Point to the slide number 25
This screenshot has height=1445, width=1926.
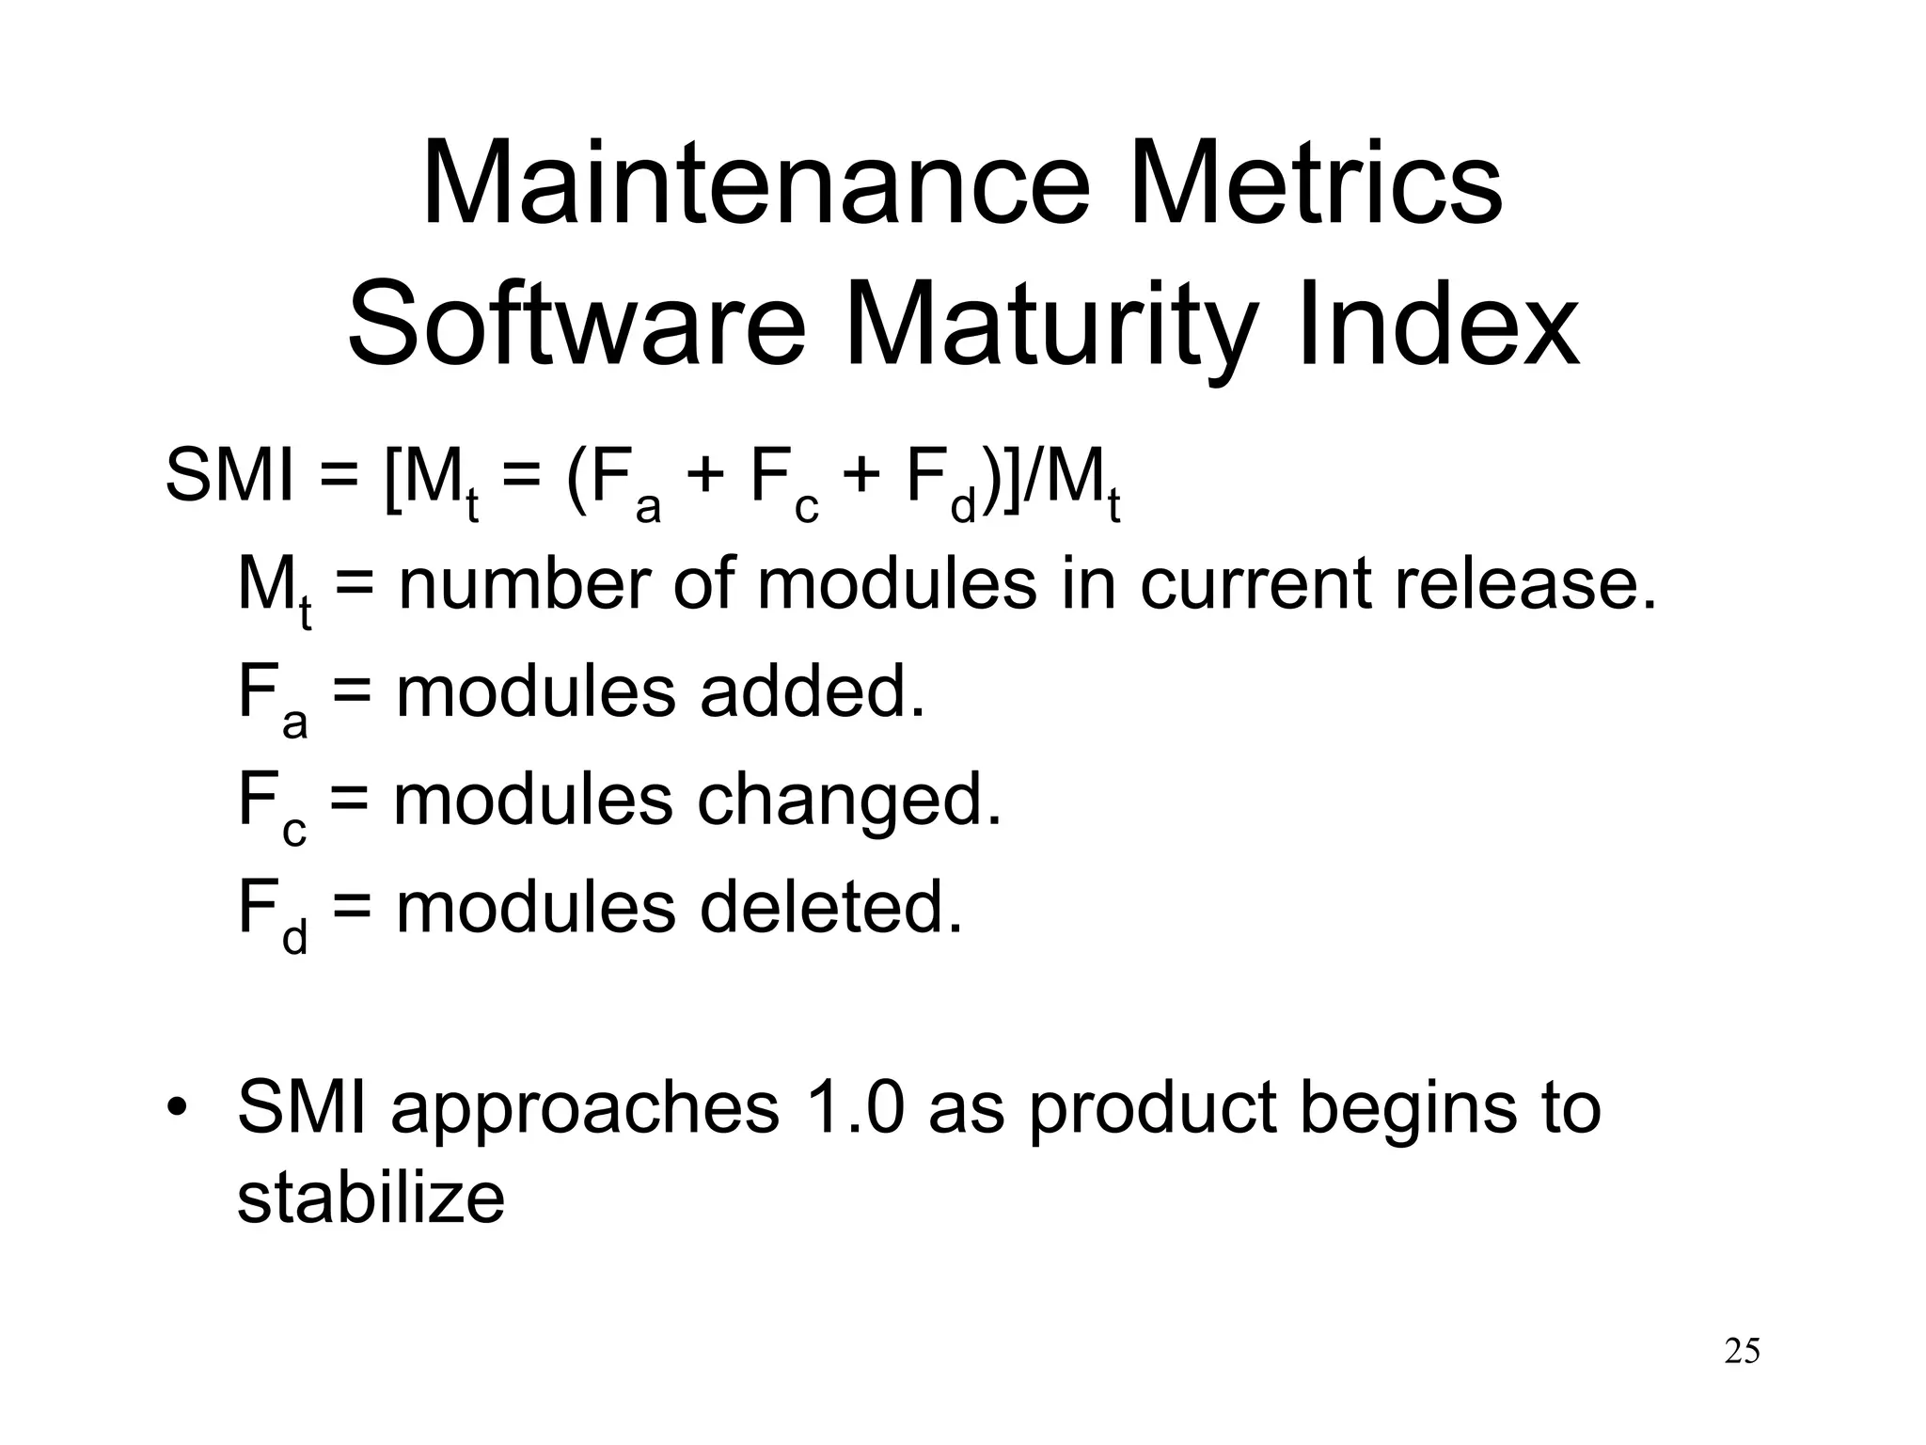pos(1742,1351)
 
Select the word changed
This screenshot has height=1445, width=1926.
pos(849,801)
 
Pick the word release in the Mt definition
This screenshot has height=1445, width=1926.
pos(1524,584)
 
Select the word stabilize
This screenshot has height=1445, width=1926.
pos(371,1199)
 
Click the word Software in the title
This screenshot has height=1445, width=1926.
pos(576,325)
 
